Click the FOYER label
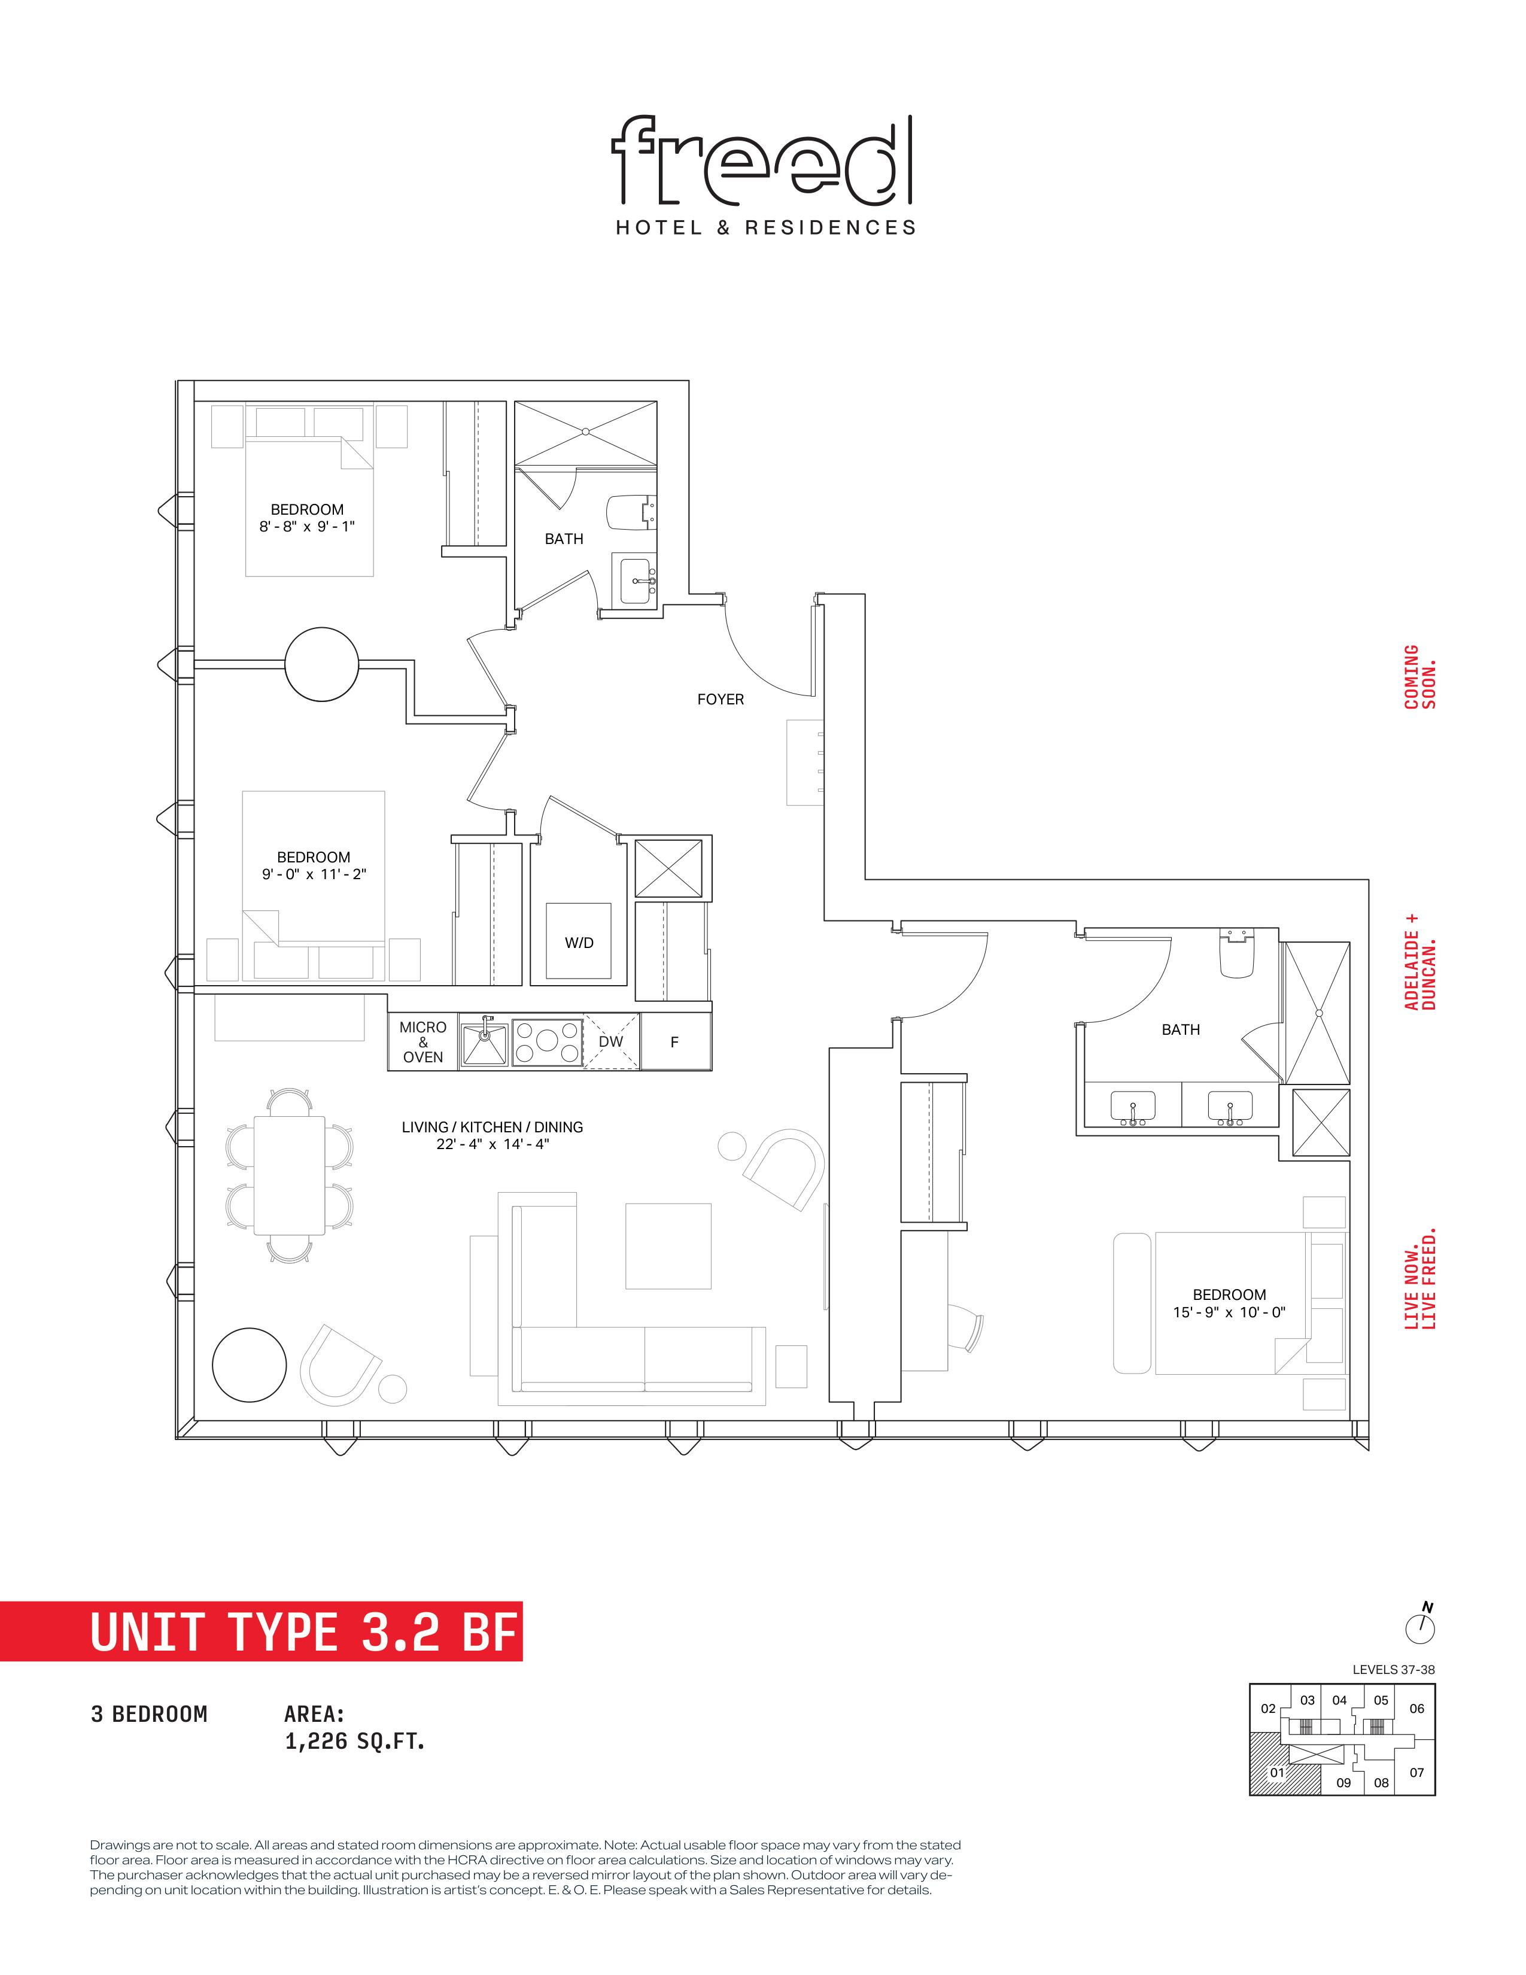(721, 699)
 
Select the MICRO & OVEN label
(423, 1042)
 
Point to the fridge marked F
(675, 1042)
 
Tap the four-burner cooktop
(547, 1042)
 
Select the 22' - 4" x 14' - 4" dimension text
(493, 1144)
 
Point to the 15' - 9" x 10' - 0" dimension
(1230, 1312)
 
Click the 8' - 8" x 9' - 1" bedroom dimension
(308, 526)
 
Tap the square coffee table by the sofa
(668, 1245)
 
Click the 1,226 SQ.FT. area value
(354, 1741)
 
